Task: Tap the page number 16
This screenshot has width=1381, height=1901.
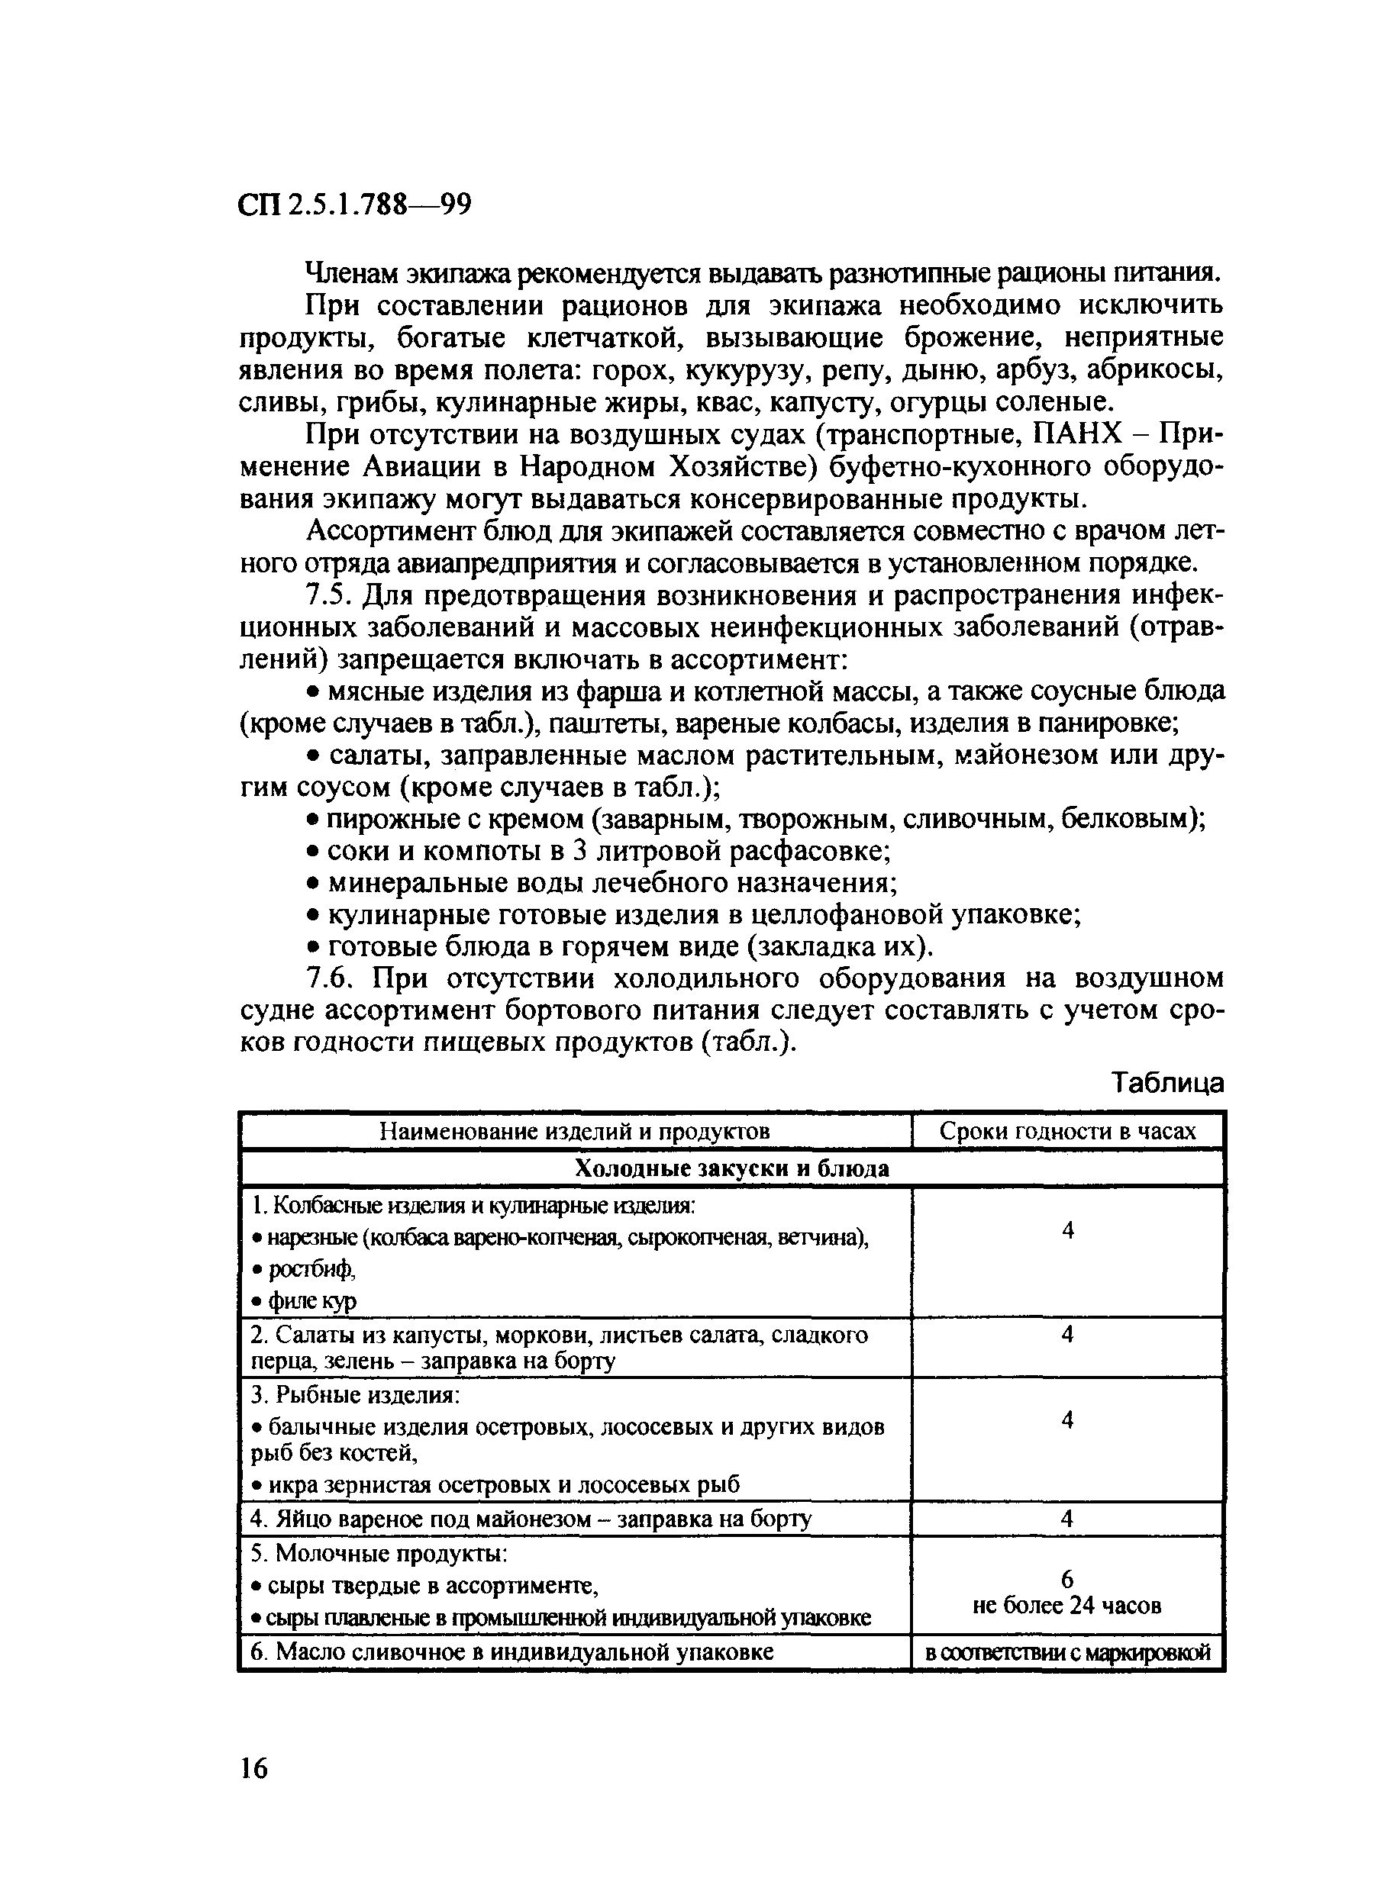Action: (253, 1768)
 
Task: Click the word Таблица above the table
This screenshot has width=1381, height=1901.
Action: (1167, 1084)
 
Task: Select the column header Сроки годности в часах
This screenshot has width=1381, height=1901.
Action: (1067, 1132)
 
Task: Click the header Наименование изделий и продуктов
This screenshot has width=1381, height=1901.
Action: (574, 1132)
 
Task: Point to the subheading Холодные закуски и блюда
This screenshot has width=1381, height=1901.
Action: (731, 1168)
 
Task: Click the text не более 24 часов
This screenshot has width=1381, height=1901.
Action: (1066, 1605)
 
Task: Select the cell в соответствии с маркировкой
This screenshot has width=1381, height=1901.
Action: (1067, 1652)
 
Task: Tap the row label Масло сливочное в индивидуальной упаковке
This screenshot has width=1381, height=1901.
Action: (511, 1652)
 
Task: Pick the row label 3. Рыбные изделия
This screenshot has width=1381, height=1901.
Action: (356, 1395)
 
